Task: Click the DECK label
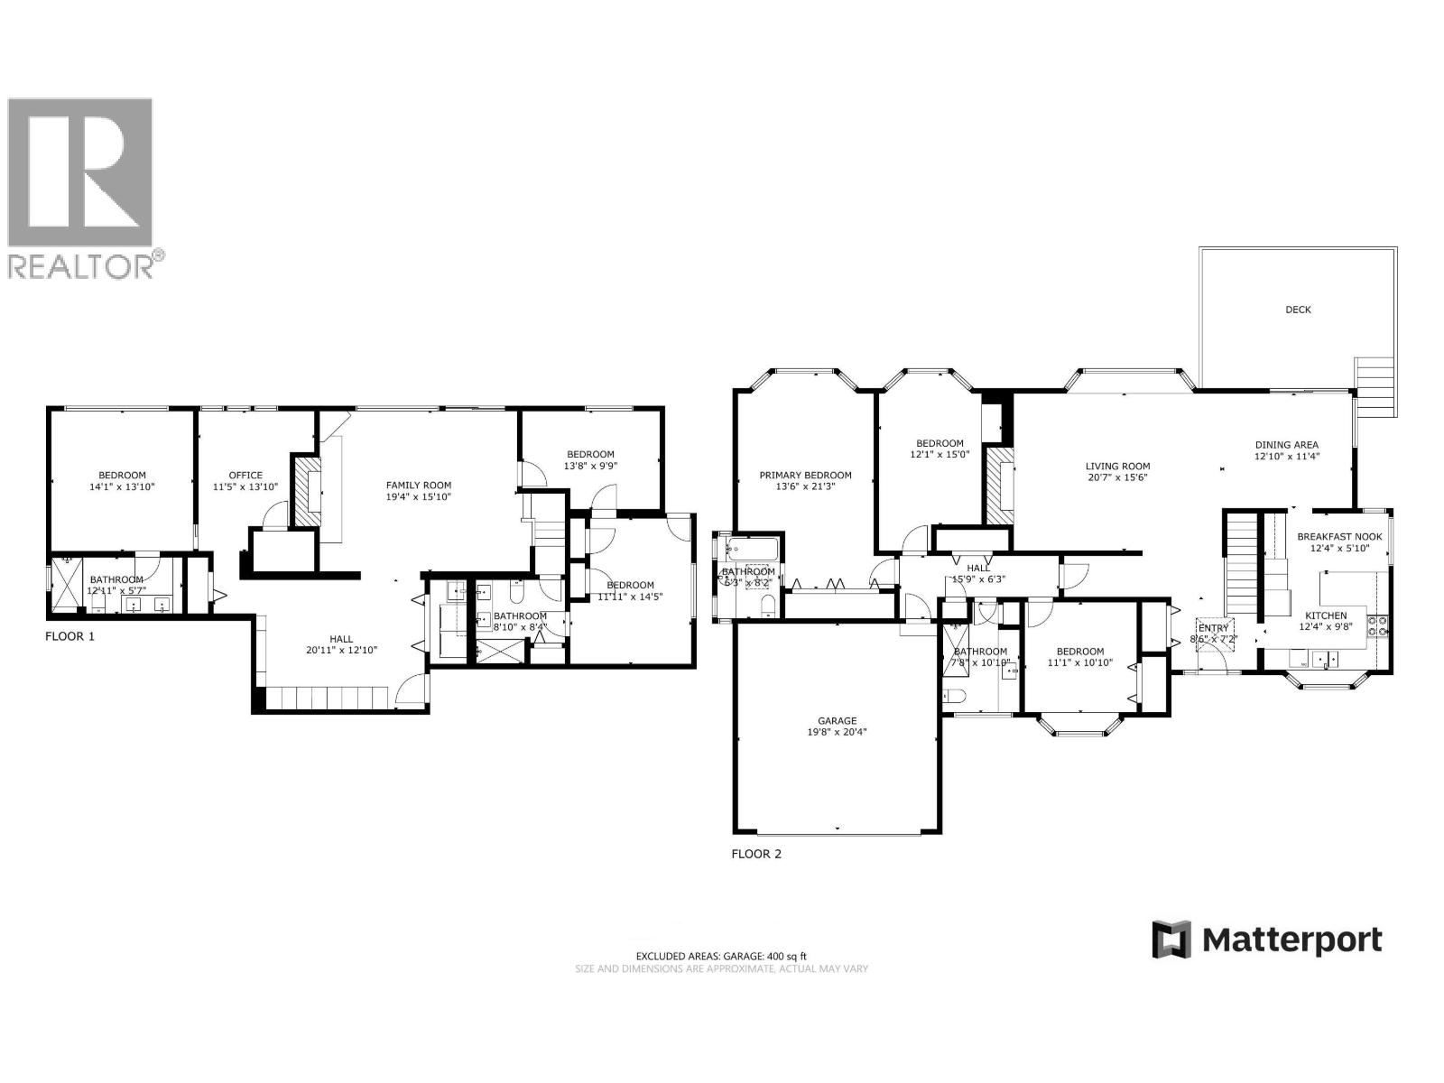tap(1298, 310)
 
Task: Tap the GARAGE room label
tap(837, 721)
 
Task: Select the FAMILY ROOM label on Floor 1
tap(418, 486)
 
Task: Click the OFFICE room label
tap(245, 476)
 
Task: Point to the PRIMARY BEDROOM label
tap(805, 476)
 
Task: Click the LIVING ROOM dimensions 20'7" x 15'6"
tap(1117, 478)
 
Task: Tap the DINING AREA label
tap(1286, 445)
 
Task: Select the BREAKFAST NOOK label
tap(1338, 537)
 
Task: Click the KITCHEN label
tap(1325, 616)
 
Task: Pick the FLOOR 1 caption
tap(69, 636)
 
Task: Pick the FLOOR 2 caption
tap(755, 853)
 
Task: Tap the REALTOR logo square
tap(79, 172)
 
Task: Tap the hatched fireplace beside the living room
tap(999, 487)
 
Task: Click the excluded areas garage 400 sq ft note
tap(721, 956)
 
